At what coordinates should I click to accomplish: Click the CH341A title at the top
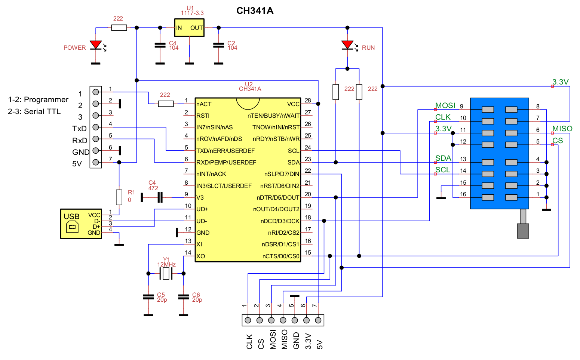(255, 11)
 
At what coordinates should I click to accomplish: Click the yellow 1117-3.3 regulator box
(189, 28)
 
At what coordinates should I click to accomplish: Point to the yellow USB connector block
(81, 224)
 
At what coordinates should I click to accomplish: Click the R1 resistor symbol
(119, 197)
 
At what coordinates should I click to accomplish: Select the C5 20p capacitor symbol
(148, 297)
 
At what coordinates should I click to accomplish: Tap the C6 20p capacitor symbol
(183, 297)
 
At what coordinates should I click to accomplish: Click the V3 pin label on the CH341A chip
(200, 197)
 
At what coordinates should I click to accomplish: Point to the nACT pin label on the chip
(204, 104)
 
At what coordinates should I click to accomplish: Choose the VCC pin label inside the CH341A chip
(293, 104)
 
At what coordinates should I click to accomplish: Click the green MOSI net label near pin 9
(445, 105)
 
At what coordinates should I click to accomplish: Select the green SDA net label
(443, 158)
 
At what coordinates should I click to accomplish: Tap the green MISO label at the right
(562, 129)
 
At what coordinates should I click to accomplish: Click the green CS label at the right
(558, 141)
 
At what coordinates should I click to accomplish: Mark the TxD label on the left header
(79, 129)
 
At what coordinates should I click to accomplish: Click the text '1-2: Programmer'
(38, 99)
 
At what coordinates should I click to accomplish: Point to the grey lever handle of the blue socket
(523, 231)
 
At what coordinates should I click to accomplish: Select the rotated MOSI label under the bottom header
(273, 339)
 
